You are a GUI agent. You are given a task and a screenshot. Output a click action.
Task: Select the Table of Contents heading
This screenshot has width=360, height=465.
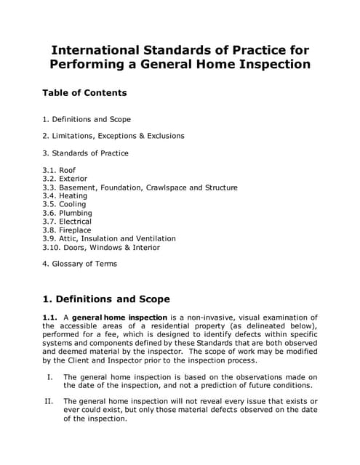pyautogui.click(x=84, y=93)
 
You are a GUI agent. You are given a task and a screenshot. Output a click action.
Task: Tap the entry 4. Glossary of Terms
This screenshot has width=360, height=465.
pyautogui.click(x=79, y=264)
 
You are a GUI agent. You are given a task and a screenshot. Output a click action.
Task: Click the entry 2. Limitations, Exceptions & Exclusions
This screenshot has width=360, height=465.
pyautogui.click(x=113, y=136)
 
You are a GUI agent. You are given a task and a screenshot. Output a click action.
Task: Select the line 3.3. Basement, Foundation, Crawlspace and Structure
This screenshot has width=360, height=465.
pyautogui.click(x=140, y=187)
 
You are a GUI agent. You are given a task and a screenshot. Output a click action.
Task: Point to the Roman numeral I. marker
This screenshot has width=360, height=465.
pyautogui.click(x=50, y=377)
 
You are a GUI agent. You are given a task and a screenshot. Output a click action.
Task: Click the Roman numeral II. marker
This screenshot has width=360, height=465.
pyautogui.click(x=49, y=402)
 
